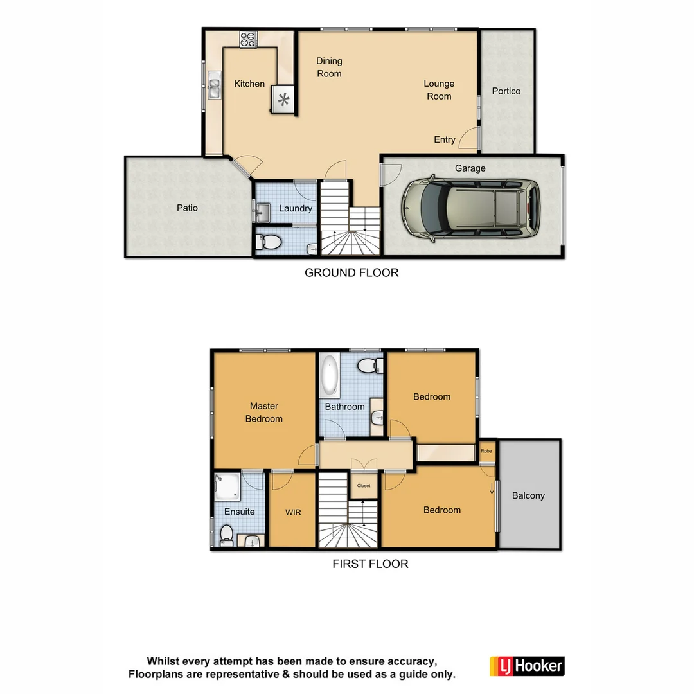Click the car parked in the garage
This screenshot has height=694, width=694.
(471, 208)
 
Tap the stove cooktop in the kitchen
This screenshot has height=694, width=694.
(248, 39)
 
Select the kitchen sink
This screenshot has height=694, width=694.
(213, 87)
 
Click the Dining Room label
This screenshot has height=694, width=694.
(329, 67)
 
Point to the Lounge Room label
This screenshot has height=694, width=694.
(439, 90)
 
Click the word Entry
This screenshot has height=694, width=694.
(445, 139)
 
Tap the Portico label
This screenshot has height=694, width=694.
(506, 91)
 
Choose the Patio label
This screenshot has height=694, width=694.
(188, 208)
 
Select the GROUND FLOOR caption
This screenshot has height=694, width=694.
(351, 272)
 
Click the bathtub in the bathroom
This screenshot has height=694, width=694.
(330, 375)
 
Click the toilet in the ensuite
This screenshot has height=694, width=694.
(226, 535)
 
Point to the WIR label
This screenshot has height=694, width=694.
(293, 512)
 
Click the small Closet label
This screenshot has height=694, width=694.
(364, 486)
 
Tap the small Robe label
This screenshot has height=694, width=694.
(486, 451)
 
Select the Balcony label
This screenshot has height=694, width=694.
(528, 495)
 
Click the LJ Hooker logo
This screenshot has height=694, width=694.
(527, 666)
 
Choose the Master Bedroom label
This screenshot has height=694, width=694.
(264, 413)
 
